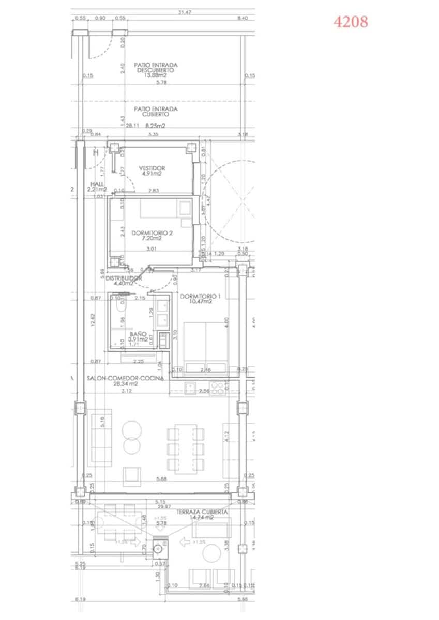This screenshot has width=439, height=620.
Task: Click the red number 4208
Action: coord(351,22)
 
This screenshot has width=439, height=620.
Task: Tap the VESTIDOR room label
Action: coord(152,168)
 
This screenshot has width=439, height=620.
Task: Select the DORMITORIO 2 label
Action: coord(152,233)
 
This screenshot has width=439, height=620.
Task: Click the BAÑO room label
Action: coord(137,334)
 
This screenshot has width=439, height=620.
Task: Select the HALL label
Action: coord(97,183)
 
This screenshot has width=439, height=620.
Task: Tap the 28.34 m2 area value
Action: coord(126,384)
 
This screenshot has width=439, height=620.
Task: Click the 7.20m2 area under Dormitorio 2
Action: coord(153,239)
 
